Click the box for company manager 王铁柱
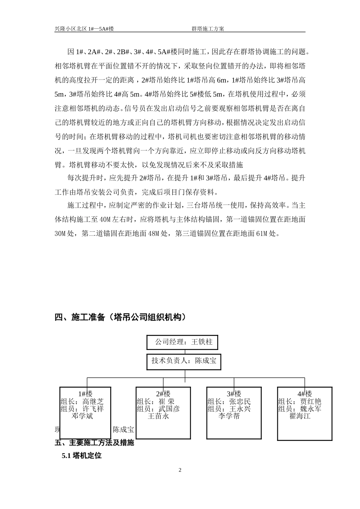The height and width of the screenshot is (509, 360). [x=182, y=342]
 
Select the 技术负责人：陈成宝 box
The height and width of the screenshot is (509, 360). [x=184, y=361]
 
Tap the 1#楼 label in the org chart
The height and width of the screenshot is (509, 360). [x=85, y=394]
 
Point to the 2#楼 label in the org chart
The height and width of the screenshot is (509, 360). [x=163, y=394]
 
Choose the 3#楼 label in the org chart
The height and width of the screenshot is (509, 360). [x=234, y=394]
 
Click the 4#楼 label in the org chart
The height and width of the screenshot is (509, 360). [x=305, y=394]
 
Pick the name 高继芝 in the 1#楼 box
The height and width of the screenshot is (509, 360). [x=93, y=402]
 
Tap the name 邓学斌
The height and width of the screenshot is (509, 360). [x=82, y=416]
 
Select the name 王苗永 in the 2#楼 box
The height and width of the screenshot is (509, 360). [x=158, y=416]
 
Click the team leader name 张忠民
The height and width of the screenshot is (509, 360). [x=240, y=402]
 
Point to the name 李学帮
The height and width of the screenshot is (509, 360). [x=229, y=416]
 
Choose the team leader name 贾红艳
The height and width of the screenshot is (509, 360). [x=311, y=402]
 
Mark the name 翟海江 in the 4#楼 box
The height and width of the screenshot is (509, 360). [x=300, y=416]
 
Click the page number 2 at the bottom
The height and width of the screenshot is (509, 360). [x=180, y=470]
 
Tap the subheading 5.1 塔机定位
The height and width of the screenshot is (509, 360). [x=82, y=456]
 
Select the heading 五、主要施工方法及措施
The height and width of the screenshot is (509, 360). [x=95, y=443]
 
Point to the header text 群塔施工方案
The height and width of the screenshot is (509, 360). [x=208, y=29]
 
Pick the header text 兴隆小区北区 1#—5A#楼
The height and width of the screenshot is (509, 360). [x=84, y=29]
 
